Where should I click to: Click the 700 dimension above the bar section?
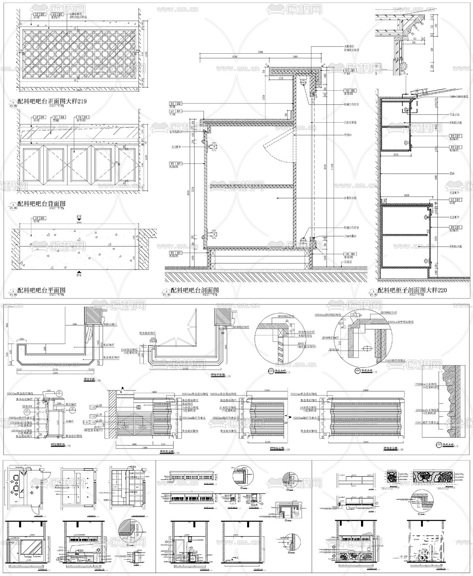[260, 52]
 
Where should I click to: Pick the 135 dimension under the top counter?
[281, 79]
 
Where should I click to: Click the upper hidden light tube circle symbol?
[303, 83]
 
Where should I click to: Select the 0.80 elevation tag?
[91, 405]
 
